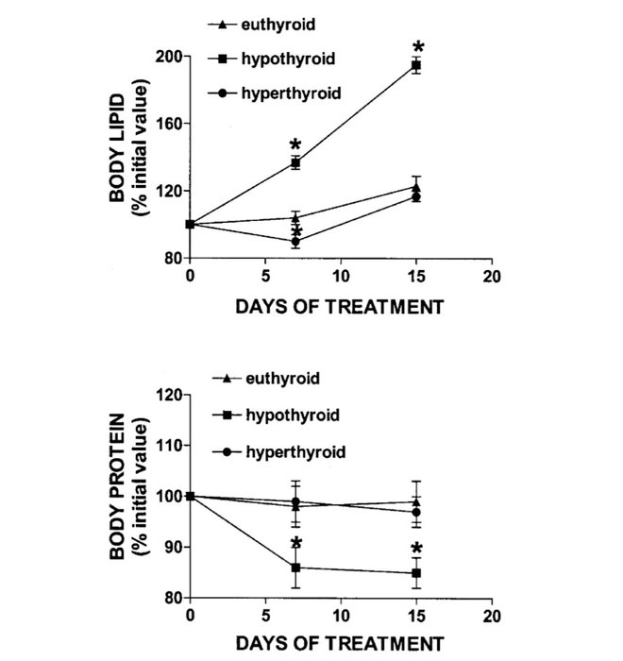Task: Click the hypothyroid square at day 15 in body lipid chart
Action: (x=415, y=65)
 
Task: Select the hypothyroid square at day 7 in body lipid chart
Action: (x=295, y=163)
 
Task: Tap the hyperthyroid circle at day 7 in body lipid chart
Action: (x=295, y=242)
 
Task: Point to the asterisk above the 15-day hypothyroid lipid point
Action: (x=419, y=47)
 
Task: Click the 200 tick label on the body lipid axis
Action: (x=170, y=57)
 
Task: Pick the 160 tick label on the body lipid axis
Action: (x=170, y=124)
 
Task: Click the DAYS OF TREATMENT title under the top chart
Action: (x=339, y=306)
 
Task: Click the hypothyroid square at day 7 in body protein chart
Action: (x=295, y=568)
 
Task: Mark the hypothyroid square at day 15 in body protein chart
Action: (x=415, y=573)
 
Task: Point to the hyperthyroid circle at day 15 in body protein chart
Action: (x=415, y=513)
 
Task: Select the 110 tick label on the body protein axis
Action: (x=170, y=446)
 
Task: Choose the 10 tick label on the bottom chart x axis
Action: (x=339, y=616)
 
